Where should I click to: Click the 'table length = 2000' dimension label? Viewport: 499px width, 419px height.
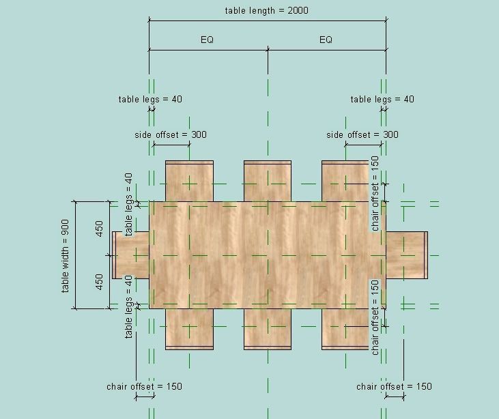tap(267, 11)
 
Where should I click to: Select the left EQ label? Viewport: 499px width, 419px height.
tap(207, 40)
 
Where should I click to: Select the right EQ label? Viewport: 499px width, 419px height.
tap(326, 40)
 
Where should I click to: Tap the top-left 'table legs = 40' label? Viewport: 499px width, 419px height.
tap(150, 99)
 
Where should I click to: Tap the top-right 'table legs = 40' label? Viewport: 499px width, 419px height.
tap(382, 99)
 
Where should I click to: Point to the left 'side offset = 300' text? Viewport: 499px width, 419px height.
tap(171, 134)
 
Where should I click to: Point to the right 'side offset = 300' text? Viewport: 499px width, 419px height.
tap(362, 134)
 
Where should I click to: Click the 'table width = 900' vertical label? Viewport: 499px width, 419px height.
tap(66, 256)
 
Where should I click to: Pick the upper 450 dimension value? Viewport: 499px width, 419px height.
tap(100, 228)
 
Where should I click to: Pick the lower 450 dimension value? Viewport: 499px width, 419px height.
tap(100, 281)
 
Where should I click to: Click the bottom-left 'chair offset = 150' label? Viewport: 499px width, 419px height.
tap(144, 386)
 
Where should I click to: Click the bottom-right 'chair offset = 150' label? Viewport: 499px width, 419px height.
tap(394, 386)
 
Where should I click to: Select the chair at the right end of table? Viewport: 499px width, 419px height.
tap(407, 255)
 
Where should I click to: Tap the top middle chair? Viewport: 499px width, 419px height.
tap(268, 181)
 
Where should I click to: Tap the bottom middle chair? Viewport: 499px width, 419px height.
tap(268, 329)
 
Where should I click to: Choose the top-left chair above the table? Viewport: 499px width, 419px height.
tap(189, 181)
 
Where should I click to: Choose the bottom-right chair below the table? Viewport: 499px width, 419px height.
tap(345, 329)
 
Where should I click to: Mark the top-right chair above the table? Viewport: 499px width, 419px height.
tap(345, 181)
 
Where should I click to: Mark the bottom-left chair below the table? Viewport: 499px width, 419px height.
tap(189, 329)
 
